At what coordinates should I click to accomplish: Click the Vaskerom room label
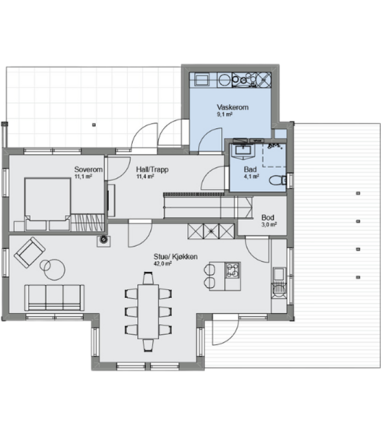click(x=232, y=107)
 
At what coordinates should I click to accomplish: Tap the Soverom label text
click(x=88, y=169)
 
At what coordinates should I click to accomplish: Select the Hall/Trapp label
click(x=152, y=170)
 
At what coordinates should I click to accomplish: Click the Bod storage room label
click(x=268, y=217)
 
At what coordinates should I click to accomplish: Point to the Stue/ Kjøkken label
click(x=175, y=257)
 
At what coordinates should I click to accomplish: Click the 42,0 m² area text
click(x=162, y=264)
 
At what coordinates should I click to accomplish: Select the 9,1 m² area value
click(x=224, y=114)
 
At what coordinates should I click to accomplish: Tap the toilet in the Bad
click(x=278, y=180)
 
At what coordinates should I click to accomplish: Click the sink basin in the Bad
click(x=243, y=150)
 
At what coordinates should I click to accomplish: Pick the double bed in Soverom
click(x=47, y=204)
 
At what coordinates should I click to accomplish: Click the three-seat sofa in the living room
click(x=54, y=297)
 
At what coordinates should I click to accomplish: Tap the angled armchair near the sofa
click(x=29, y=252)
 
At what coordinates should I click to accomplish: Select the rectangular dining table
click(x=148, y=312)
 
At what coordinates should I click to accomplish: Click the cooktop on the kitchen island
click(x=233, y=270)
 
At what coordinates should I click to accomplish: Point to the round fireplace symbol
click(x=103, y=239)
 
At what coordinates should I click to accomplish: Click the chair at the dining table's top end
click(x=148, y=278)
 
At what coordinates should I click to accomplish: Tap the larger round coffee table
click(x=54, y=270)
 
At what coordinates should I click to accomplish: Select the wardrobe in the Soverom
click(x=88, y=222)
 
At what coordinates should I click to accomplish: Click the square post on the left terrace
click(x=94, y=125)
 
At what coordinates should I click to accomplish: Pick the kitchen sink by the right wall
click(x=279, y=274)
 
